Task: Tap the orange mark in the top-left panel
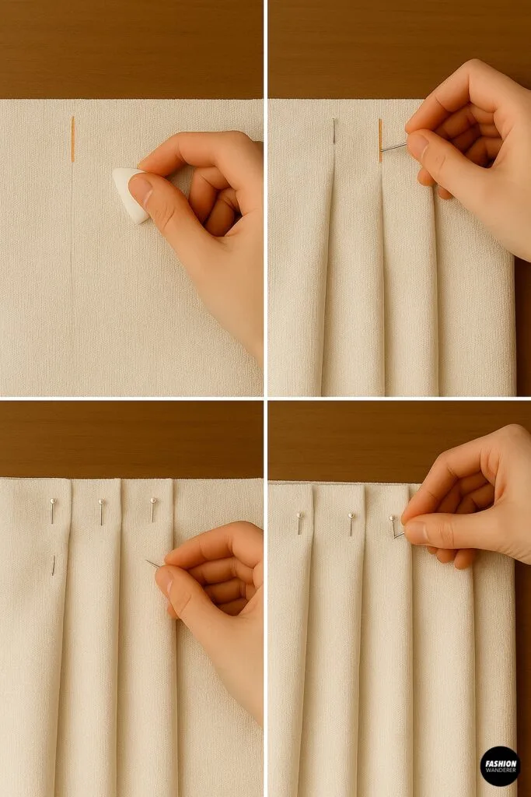[x=72, y=139]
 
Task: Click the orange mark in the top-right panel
[x=380, y=140]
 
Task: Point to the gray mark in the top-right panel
[x=334, y=131]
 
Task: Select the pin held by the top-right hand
[x=393, y=146]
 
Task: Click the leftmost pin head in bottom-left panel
[x=52, y=502]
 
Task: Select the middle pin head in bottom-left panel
[x=101, y=503]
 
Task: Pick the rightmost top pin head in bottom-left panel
[x=153, y=501]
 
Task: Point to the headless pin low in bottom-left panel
[x=53, y=565]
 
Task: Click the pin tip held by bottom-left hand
[x=151, y=563]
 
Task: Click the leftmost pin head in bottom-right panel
[x=299, y=516]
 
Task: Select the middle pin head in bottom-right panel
[x=351, y=516]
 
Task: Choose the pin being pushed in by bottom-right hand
[x=394, y=527]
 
